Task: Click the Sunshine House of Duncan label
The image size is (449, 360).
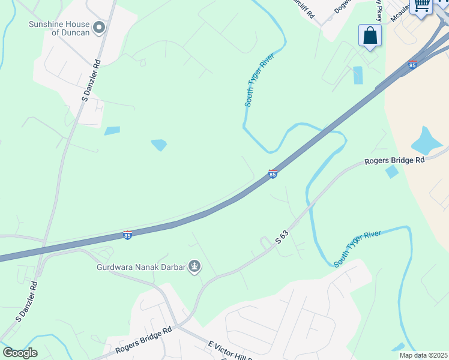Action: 59,28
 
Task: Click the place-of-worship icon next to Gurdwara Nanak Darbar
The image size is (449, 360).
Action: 194,266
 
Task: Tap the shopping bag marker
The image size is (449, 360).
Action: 370,35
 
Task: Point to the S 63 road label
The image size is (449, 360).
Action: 282,236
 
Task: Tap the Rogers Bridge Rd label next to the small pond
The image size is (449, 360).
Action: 394,161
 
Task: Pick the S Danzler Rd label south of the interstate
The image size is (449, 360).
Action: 26,310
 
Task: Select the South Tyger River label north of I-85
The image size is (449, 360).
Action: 259,83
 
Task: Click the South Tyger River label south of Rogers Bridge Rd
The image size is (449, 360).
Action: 358,248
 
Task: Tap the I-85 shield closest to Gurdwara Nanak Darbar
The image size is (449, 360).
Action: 127,235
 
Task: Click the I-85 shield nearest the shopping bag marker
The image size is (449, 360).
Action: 412,65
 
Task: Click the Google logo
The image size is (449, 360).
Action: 20,353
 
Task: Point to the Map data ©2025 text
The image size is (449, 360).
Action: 423,355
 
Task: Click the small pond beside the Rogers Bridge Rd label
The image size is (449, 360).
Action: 391,172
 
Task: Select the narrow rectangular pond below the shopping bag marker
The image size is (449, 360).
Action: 358,75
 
